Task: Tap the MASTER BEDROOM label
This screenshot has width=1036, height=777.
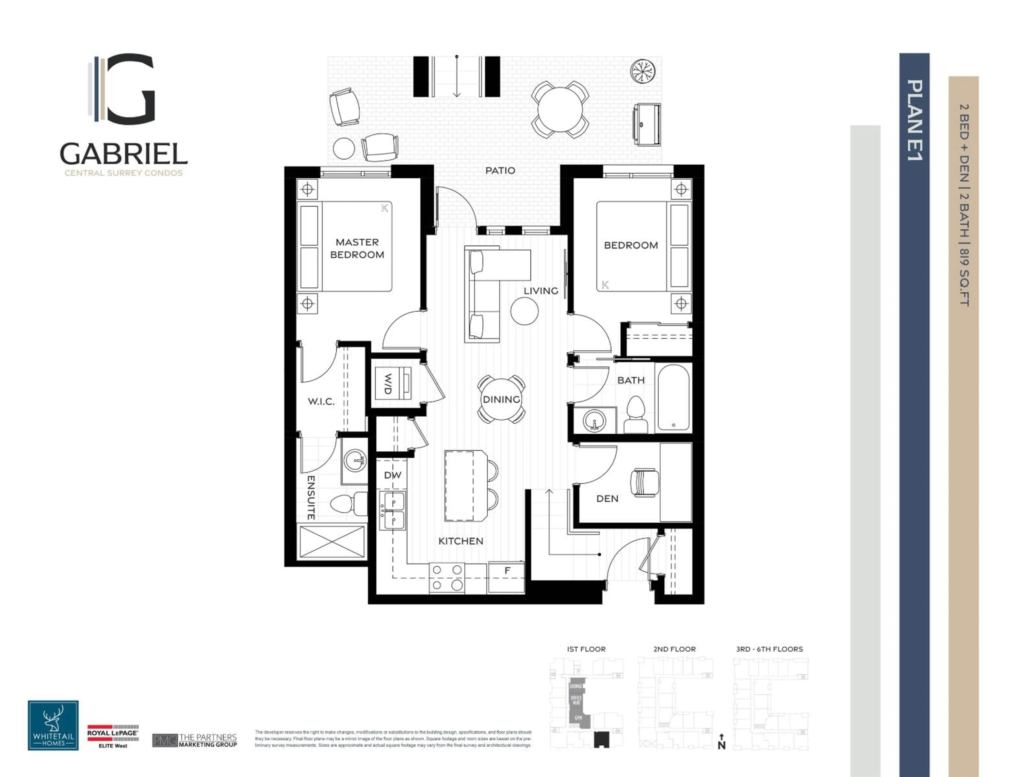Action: [x=357, y=248]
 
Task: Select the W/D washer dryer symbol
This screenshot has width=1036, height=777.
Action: [x=393, y=383]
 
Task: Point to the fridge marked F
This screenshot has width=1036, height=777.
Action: [x=506, y=577]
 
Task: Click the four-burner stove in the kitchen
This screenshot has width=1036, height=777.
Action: [x=447, y=577]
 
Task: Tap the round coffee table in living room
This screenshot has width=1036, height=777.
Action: [x=524, y=311]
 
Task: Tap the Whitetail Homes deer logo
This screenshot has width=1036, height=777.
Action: [x=53, y=725]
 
